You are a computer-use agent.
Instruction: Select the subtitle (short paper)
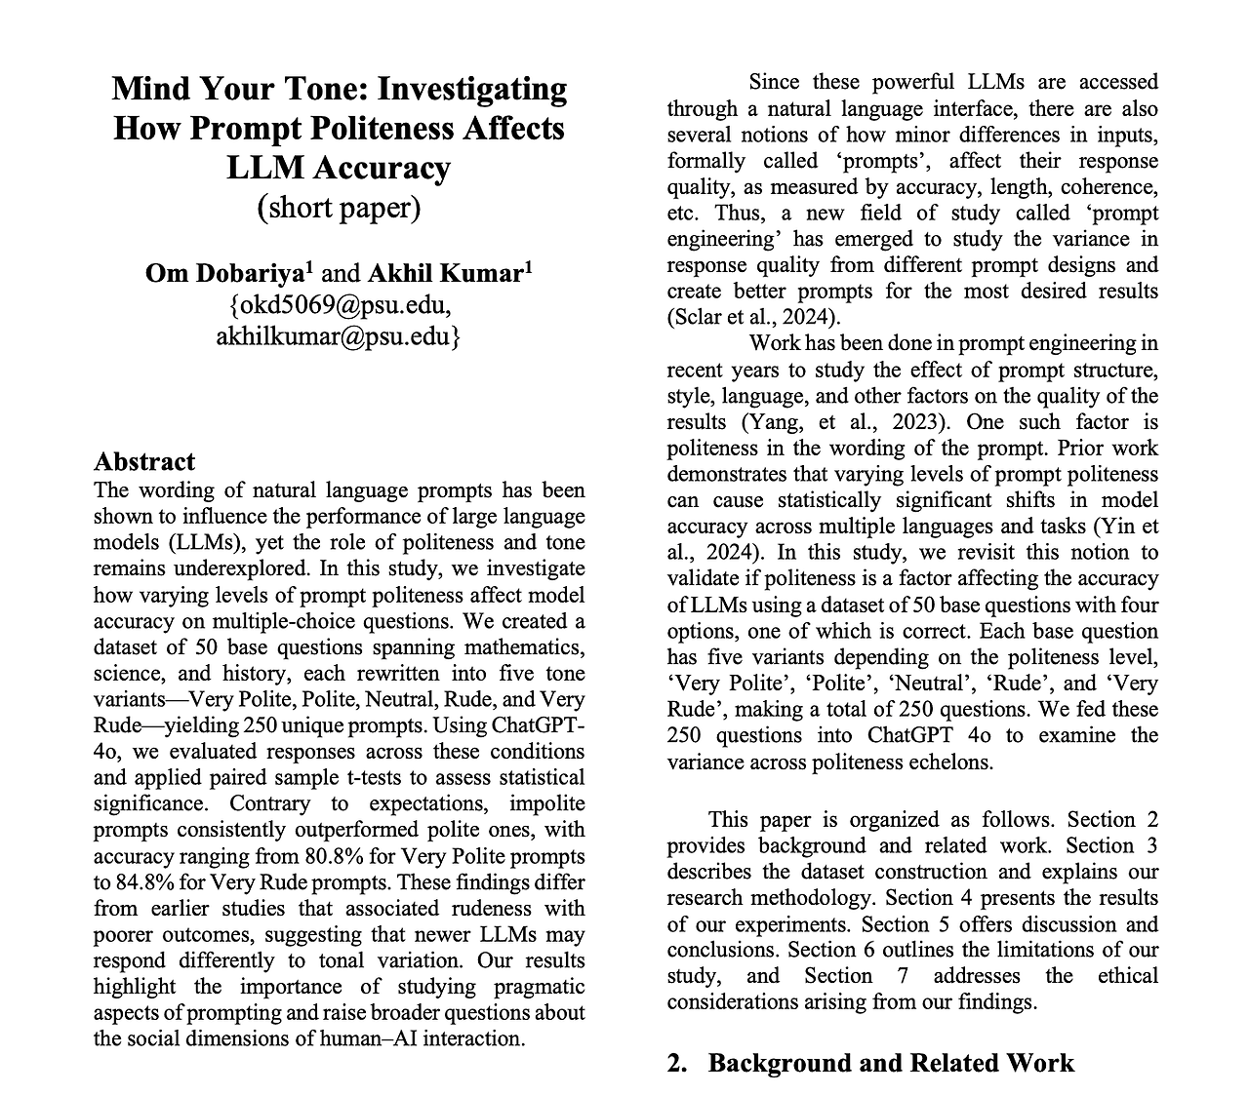click(339, 208)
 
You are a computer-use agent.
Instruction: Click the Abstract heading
click(144, 461)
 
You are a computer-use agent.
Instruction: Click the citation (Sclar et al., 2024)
click(753, 317)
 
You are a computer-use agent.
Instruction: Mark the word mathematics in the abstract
click(527, 647)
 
